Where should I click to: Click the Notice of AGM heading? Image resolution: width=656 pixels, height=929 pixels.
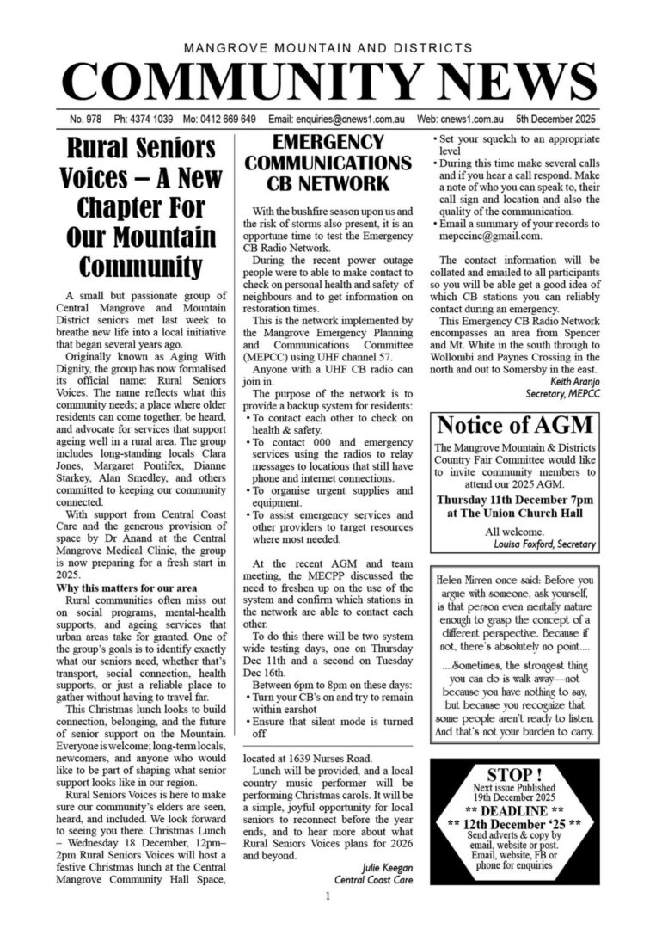pyautogui.click(x=515, y=425)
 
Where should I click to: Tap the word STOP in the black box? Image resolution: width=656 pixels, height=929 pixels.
pyautogui.click(x=515, y=774)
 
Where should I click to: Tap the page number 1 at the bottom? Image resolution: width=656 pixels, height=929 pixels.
pyautogui.click(x=328, y=897)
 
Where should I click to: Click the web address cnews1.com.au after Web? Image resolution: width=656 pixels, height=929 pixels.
pyautogui.click(x=465, y=119)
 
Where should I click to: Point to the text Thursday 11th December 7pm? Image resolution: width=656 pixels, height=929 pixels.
pyautogui.click(x=515, y=500)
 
